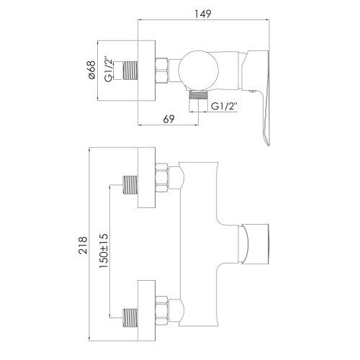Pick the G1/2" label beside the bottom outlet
225,107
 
